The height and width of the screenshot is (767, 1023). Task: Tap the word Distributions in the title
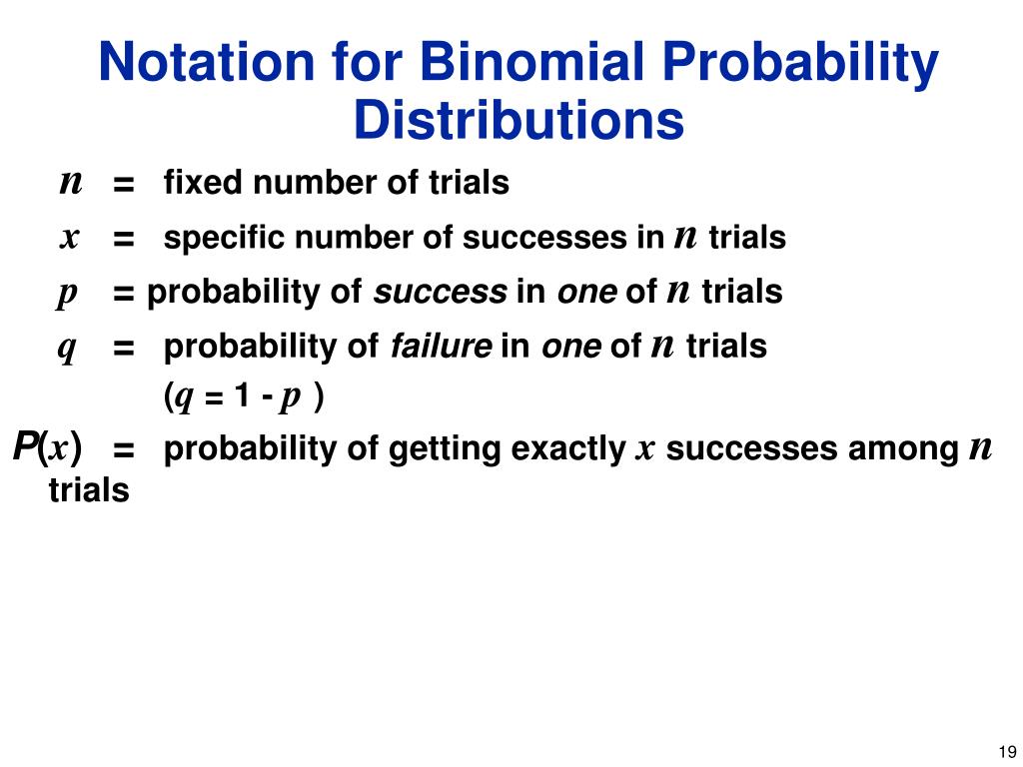[x=518, y=121]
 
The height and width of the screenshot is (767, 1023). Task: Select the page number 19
[x=1006, y=752]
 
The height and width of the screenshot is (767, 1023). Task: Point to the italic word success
[x=441, y=293]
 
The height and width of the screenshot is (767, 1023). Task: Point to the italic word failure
[x=441, y=347]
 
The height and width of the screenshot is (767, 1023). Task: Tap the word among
[x=905, y=450]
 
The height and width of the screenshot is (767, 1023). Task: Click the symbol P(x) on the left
[x=48, y=446]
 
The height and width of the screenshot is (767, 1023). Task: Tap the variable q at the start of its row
[x=68, y=349]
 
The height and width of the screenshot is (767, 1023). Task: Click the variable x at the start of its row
[x=69, y=239]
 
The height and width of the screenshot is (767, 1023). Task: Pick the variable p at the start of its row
[x=67, y=295]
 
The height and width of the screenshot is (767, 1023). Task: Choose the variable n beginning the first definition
[x=70, y=183]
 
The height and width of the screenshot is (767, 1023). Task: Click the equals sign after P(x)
[x=124, y=451]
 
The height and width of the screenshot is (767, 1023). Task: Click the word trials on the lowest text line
[x=89, y=490]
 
